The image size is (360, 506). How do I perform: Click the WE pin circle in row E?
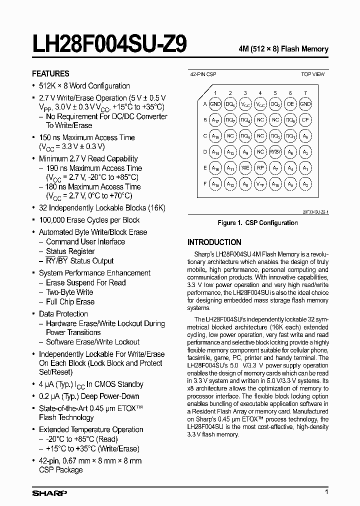coord(245,168)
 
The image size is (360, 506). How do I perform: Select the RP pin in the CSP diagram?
coord(260,168)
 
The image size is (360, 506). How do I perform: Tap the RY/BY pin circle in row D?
coord(275,152)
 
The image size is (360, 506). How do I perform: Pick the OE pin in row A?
coord(290,104)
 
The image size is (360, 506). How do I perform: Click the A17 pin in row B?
coord(215,120)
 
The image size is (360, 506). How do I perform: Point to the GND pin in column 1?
coord(215,104)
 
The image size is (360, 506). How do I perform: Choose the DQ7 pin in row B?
coord(230,120)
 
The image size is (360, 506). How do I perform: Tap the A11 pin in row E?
coord(230,168)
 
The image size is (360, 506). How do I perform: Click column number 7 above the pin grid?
coord(305,93)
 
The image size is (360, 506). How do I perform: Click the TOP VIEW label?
coord(312,74)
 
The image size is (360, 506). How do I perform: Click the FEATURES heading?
coord(50,73)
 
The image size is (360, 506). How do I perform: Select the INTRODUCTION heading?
coord(214,241)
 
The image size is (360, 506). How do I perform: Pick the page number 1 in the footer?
coord(326,492)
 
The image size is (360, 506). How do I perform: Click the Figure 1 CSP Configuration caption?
coord(257,222)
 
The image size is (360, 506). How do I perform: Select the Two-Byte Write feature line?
coord(69,292)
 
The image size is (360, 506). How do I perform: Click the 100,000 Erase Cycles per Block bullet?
coord(89,220)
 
